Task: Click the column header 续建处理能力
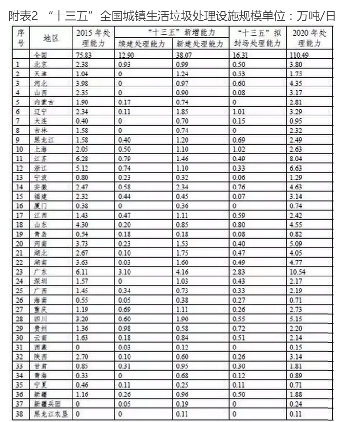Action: coord(143,44)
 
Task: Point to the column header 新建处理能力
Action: coord(199,44)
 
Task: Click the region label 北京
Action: coord(47,64)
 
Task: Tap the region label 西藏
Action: coord(47,348)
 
